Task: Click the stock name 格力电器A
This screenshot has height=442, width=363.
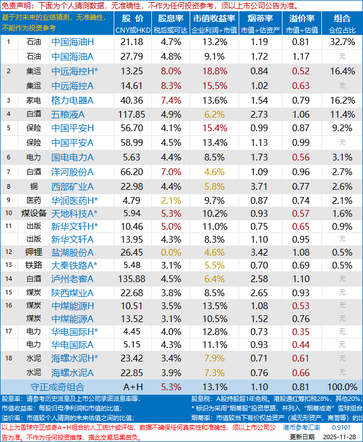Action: [x=73, y=100]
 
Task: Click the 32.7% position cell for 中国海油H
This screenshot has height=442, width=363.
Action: [x=342, y=42]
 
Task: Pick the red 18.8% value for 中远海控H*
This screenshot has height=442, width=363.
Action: [x=214, y=71]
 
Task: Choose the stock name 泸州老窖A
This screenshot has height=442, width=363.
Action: [x=73, y=279]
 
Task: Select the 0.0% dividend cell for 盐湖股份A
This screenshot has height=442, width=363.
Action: [x=171, y=250]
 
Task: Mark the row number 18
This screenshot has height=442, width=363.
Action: [x=8, y=358]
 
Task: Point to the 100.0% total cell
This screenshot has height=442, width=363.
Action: [x=342, y=387]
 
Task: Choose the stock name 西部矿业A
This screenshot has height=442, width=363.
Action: [x=73, y=186]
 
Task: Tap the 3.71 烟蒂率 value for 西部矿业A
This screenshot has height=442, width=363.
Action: [x=259, y=186]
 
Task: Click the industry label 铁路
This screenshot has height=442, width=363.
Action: [x=33, y=265]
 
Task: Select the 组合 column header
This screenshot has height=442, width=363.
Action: [x=342, y=18]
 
